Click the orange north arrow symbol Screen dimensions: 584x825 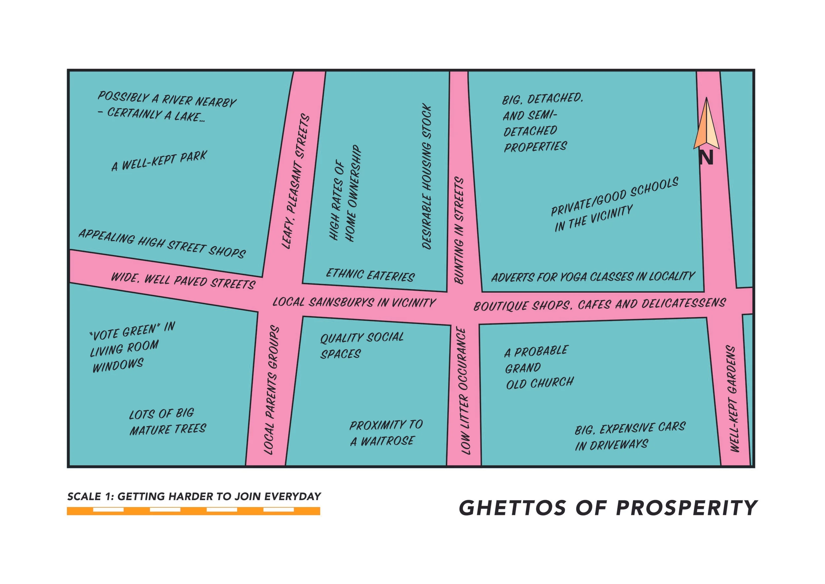tap(706, 126)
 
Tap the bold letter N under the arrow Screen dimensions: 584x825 tap(706, 158)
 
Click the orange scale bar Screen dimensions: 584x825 tap(193, 511)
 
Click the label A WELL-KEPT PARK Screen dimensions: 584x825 tap(159, 161)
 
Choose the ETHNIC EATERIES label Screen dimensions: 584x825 tap(370, 275)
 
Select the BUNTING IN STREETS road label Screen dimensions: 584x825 tap(459, 230)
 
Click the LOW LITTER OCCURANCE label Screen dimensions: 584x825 tap(465, 391)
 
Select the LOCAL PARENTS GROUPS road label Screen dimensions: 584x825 tap(271, 390)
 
